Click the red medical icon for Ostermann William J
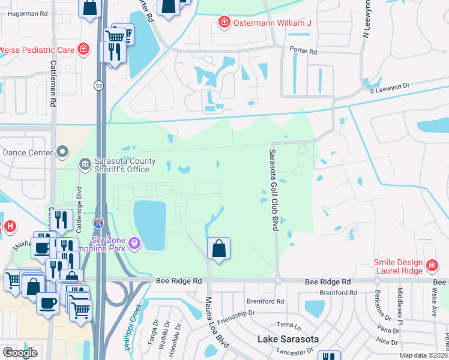coord(224,23)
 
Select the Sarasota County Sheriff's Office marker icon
coord(85,163)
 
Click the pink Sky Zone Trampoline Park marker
coord(134,243)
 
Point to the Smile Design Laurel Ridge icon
coord(430,265)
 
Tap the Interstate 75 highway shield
coord(98,223)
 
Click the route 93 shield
coord(97,86)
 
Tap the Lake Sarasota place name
coord(288,339)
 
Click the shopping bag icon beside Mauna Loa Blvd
coord(219,248)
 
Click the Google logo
coord(20,353)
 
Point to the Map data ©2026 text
coord(423,355)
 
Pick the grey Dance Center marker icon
coord(62,152)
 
